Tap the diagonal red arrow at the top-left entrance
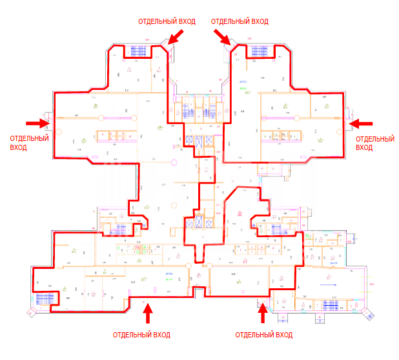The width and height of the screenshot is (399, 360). (175, 37)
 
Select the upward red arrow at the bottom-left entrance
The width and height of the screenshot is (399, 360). (148, 314)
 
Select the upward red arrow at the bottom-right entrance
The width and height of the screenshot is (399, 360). (262, 314)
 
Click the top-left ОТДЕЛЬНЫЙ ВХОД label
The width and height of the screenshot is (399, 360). (167, 21)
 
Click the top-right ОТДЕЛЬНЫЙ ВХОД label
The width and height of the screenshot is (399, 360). (240, 21)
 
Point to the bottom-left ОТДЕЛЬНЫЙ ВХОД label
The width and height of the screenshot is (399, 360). (141, 335)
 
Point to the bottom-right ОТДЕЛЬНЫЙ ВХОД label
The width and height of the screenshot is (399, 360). (264, 335)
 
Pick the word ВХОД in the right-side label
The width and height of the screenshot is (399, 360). (364, 147)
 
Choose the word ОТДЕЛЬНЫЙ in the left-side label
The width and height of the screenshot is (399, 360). (30, 138)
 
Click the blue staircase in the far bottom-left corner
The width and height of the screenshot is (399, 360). (44, 299)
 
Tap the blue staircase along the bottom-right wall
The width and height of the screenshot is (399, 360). (329, 304)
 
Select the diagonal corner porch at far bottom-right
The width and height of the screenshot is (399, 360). (369, 313)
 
